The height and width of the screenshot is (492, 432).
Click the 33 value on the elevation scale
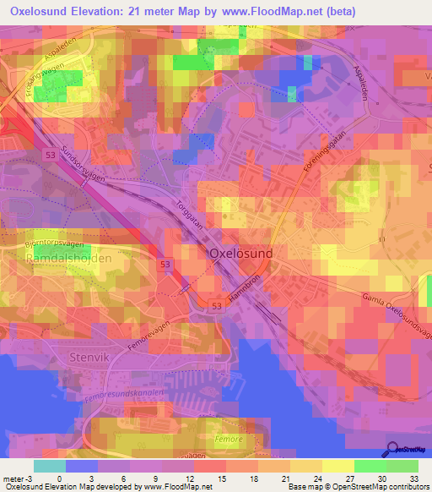pos(413,478)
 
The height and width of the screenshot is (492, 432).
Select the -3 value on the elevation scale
pos(21,478)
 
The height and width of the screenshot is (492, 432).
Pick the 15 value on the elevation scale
pos(221,478)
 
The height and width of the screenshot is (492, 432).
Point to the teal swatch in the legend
pos(49,466)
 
